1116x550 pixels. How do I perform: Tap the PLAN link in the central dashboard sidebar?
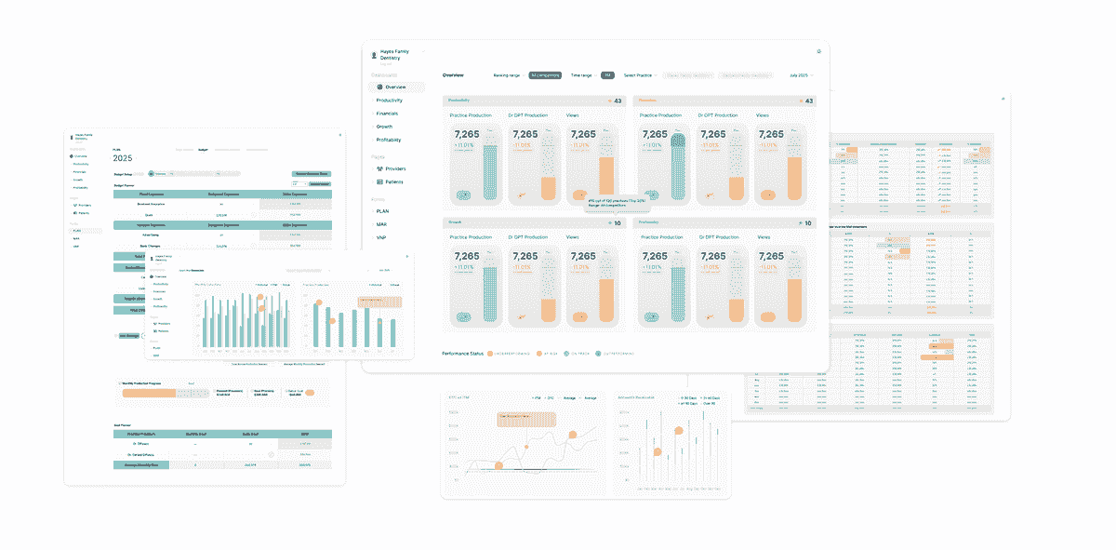[x=382, y=211]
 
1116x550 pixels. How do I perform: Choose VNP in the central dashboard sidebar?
[x=381, y=237]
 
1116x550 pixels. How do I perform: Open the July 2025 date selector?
[x=801, y=74]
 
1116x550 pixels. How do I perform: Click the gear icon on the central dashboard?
[x=818, y=51]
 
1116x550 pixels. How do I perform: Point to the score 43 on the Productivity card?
[x=618, y=101]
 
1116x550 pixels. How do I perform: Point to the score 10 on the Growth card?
[x=618, y=223]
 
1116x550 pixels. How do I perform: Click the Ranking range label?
[x=507, y=74]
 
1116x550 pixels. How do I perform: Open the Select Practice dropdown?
[x=640, y=74]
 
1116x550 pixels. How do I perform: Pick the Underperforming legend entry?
[x=506, y=354]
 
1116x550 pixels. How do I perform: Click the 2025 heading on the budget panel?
[x=123, y=158]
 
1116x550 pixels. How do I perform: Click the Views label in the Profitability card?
[x=763, y=237]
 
